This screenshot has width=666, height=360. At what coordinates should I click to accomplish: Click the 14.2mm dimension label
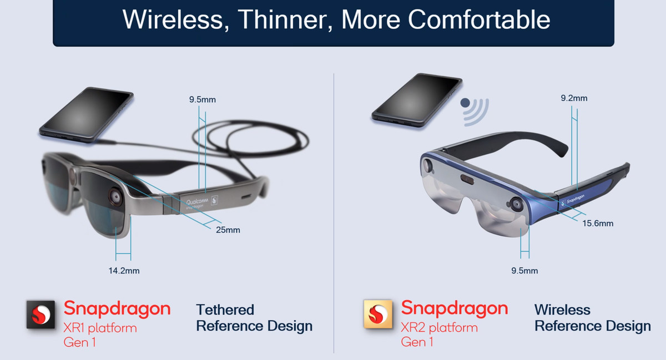124,271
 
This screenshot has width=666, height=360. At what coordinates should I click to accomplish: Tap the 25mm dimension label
228,230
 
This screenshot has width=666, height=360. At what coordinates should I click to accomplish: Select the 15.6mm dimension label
598,223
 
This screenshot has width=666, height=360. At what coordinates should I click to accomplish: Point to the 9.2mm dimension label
573,98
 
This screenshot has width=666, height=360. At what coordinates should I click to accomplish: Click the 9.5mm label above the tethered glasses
202,100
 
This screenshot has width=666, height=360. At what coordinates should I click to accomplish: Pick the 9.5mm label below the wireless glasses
524,271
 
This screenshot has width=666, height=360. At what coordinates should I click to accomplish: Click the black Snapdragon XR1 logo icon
41,315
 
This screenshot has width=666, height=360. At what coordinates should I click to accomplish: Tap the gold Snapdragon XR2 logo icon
377,315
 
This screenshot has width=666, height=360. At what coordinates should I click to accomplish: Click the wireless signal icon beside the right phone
475,108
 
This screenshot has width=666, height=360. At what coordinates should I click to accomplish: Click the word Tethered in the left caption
225,310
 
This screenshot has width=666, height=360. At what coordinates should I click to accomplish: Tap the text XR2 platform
439,327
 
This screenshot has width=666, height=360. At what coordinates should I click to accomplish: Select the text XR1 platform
100,327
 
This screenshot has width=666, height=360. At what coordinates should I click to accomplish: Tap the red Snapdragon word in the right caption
454,308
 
